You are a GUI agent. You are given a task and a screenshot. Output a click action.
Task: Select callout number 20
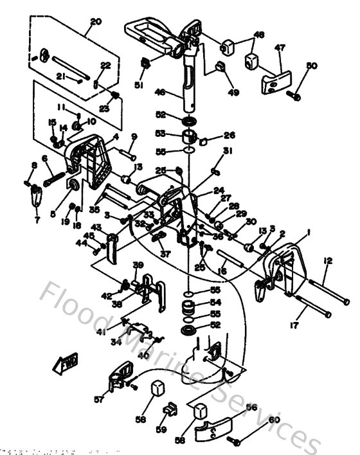pyautogui.click(x=96, y=22)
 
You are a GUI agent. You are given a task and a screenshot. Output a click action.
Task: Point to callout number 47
pyautogui.click(x=280, y=48)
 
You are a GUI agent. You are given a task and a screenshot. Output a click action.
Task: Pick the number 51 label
pyautogui.click(x=139, y=85)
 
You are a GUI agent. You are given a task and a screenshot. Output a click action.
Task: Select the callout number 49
pyautogui.click(x=233, y=93)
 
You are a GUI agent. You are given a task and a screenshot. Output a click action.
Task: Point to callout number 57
pyautogui.click(x=98, y=399)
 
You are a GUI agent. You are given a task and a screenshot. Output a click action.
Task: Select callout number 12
pyautogui.click(x=328, y=260)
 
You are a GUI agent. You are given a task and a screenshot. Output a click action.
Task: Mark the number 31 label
pyautogui.click(x=226, y=151)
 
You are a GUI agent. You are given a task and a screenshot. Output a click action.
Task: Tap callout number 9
pyautogui.click(x=134, y=136)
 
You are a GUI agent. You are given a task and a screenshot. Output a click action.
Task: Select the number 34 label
pyautogui.click(x=116, y=343)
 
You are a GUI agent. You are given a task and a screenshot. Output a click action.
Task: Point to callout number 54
pyautogui.click(x=216, y=302)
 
